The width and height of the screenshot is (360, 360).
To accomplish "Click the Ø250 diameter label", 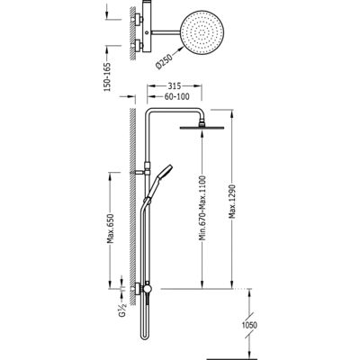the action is coord(164,61).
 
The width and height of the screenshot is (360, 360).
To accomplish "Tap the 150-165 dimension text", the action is coord(107,77).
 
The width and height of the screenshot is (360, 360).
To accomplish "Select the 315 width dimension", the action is coord(174,86).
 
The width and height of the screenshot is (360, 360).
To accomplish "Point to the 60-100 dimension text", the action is coord(177,96).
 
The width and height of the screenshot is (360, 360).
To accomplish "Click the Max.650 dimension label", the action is coord(111,229).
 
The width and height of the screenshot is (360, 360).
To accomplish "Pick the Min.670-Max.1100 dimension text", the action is coord(202,208).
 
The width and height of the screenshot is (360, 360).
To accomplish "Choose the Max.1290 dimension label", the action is coord(232,202).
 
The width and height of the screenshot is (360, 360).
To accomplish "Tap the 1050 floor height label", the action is coord(249,325).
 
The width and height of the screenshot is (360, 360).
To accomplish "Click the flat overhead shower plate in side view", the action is coord(202,128).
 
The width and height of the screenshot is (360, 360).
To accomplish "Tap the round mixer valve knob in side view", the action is coord(147,289).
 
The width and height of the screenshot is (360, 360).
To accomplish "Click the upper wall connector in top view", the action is coord(138,19).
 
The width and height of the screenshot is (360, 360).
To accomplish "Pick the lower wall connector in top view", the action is coord(138,45).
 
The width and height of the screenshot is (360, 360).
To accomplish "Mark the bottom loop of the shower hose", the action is coord(144,337).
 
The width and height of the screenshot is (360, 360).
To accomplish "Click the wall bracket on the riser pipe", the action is coord(141,173).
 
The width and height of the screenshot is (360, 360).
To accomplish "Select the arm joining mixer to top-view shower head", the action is coord(166,31).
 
